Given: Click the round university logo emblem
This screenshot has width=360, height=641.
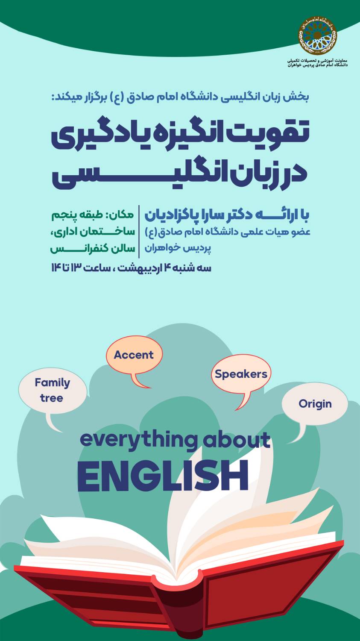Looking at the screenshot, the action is point(318,35).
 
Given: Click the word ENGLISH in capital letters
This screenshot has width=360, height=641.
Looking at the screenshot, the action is point(163,476).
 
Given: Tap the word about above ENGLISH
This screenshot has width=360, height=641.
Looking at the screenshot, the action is point(237,440).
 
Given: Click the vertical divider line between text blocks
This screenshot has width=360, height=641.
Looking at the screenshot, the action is point(139,232).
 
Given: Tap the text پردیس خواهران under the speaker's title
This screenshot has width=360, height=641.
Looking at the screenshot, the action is point(178,248).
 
